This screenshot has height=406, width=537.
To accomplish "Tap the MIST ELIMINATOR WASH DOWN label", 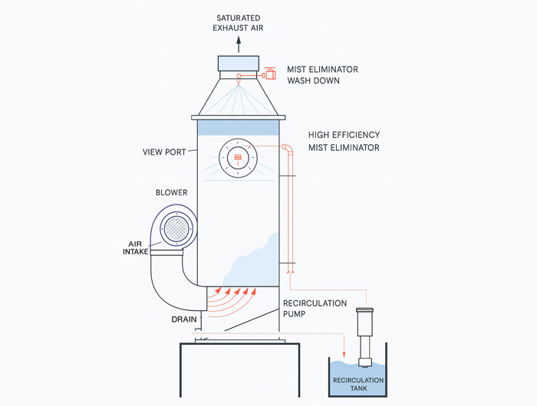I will click(322, 74).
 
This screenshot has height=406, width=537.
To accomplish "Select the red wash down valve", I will click(269, 74).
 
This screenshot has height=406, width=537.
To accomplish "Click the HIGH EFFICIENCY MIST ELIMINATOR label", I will click(344, 141).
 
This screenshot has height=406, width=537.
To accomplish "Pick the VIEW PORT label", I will click(164, 151).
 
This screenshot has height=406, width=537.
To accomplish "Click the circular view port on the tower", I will click(237, 158).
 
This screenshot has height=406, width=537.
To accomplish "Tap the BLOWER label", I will click(171, 193).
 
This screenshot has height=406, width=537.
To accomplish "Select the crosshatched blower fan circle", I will click(178, 229).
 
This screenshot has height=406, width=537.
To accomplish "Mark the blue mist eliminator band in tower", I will click(237, 127).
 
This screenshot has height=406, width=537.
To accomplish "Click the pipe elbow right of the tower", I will click(286, 148).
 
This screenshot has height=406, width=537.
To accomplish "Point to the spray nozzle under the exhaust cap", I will click(238, 77).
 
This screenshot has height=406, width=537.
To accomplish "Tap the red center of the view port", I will click(237, 158).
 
